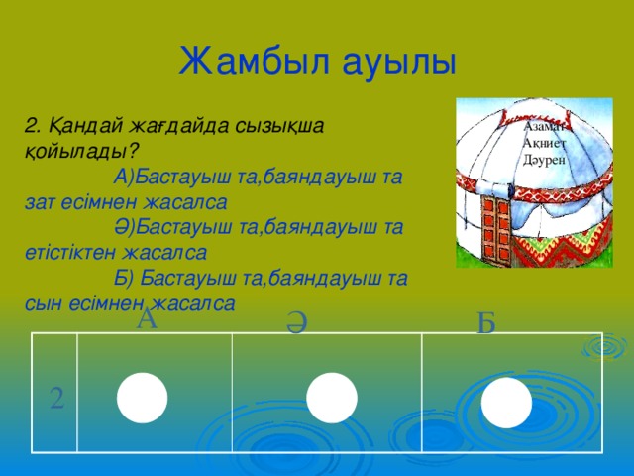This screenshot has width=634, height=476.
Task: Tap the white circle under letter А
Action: [141, 397]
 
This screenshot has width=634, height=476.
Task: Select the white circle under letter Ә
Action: [331, 399]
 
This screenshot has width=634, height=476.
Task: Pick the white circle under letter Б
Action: [507, 403]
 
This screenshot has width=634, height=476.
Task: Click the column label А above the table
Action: [147, 319]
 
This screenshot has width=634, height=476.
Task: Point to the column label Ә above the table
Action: [294, 323]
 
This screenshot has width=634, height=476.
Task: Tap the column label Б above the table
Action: [485, 322]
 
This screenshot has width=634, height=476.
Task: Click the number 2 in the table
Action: [57, 399]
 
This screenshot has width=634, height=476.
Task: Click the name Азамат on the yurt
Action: [543, 127]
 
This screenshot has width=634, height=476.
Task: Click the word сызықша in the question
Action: [297, 126]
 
